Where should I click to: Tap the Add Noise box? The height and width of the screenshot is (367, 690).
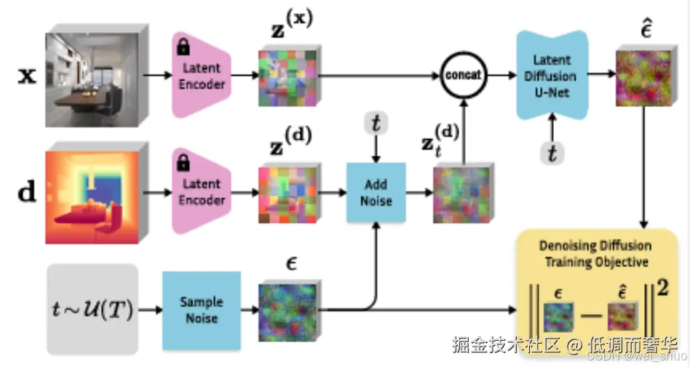point(375,193)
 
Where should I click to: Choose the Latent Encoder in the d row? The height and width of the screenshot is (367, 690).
point(202,194)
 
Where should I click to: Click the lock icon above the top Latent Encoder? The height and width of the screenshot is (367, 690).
point(183,48)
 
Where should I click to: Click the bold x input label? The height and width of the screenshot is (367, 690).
point(26,75)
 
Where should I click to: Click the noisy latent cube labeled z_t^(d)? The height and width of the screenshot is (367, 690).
point(460,194)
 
